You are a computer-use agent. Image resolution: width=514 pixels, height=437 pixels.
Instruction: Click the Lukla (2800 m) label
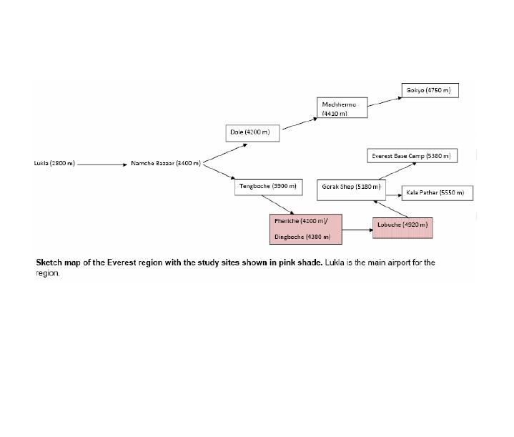[54, 164]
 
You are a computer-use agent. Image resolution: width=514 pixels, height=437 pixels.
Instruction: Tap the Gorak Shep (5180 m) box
[351, 187]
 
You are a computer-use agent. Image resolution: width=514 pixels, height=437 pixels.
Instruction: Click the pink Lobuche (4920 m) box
[402, 226]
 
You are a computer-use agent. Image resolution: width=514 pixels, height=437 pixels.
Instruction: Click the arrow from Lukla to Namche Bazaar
[102, 164]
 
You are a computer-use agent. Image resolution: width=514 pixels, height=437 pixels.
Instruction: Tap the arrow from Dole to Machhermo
[300, 124]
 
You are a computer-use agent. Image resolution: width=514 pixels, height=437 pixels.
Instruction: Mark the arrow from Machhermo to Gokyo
[385, 101]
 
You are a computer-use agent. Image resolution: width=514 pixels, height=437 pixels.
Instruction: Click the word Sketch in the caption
[49, 262]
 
